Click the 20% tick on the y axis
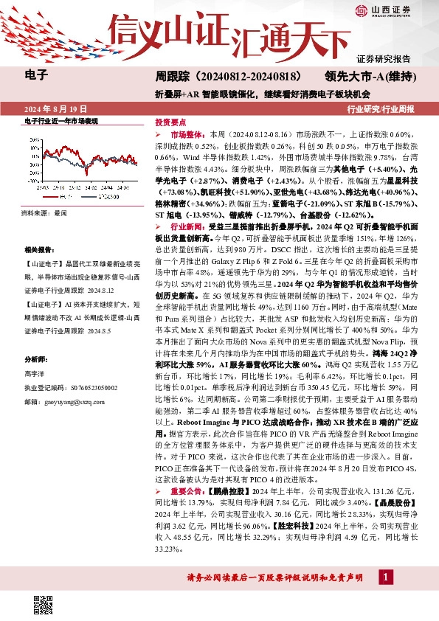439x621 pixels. coord(35,139)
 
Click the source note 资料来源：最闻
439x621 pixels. coord(44,212)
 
